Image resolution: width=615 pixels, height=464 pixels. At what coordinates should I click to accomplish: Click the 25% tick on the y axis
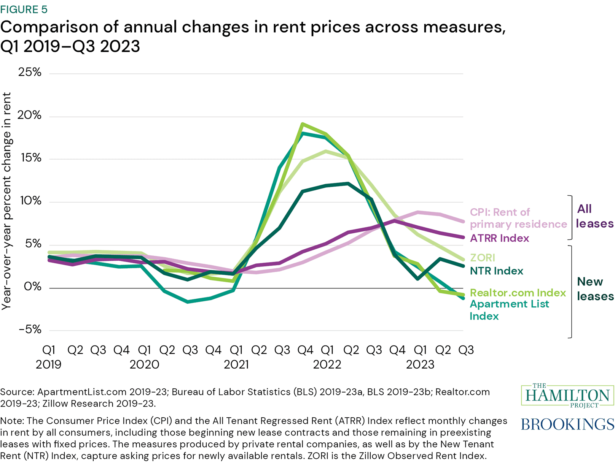[30, 72]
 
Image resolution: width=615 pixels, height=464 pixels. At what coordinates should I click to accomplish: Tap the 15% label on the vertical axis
[31, 158]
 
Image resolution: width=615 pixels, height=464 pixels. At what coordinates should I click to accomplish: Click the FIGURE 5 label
[24, 9]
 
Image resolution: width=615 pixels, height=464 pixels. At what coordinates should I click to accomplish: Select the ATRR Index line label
[499, 238]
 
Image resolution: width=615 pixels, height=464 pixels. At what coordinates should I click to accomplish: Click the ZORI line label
[482, 258]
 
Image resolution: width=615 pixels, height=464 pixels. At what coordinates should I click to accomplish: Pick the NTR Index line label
[496, 271]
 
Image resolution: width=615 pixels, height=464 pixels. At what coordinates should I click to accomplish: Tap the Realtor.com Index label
[518, 293]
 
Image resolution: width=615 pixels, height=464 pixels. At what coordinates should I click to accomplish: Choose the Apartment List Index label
[509, 310]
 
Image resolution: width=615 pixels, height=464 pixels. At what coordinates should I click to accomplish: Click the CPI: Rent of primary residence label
[518, 218]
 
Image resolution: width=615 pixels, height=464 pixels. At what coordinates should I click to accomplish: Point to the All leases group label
[594, 216]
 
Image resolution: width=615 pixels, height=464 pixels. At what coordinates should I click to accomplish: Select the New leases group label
[595, 289]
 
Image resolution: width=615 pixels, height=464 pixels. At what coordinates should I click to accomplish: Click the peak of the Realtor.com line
[303, 124]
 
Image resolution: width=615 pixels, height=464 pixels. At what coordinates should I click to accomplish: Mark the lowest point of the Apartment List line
[188, 302]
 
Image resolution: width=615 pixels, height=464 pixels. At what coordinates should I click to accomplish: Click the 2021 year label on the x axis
[236, 364]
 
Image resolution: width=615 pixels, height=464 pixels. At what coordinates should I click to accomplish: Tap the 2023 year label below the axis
[420, 364]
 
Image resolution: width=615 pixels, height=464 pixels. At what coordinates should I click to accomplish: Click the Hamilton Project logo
[567, 396]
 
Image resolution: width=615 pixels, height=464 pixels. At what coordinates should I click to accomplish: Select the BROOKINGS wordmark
[567, 424]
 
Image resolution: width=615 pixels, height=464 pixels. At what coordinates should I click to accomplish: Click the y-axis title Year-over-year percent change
[6, 201]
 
